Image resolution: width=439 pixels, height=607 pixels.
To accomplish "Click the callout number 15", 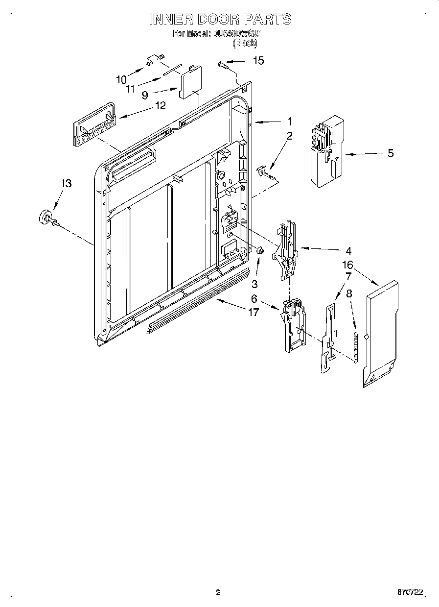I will pos(258,60).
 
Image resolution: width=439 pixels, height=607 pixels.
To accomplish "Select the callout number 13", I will pos(66,183).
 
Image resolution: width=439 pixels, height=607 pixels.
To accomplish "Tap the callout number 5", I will pos(390,153).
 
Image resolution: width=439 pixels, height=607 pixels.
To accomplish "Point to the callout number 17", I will pos(253,312).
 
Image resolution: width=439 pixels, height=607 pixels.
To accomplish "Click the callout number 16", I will pos(347,265).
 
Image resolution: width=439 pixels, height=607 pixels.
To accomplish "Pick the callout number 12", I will pos(160,105).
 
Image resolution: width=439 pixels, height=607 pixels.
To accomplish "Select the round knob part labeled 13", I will pos(46,217).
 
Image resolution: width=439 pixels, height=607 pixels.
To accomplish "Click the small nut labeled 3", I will pos(260,252).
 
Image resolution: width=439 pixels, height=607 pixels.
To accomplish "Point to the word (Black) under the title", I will pos(244,43).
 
